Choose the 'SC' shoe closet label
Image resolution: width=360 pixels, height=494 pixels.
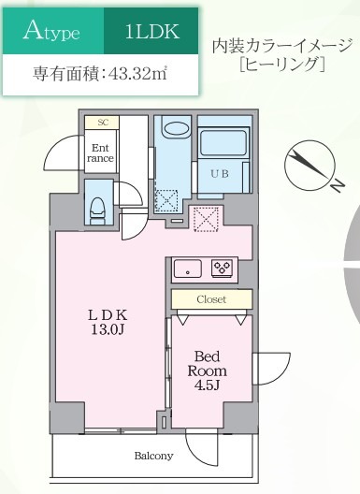(101, 123)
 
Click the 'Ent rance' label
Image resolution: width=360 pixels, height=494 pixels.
(101, 153)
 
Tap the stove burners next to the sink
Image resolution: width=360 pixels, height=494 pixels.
(223, 268)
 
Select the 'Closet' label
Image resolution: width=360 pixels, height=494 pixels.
(211, 298)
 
